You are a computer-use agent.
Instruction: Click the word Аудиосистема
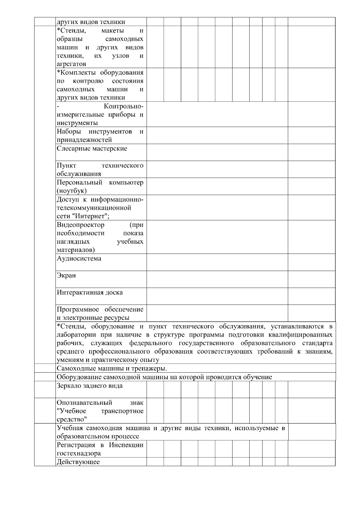pos(79,258)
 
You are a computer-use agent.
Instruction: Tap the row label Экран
pos(66,275)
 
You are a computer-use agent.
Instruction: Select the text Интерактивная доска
pos(90,292)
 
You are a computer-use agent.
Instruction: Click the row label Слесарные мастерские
pos(92,148)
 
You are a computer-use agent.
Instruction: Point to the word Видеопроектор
pos(80,225)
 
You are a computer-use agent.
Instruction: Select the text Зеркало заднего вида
pos(90,385)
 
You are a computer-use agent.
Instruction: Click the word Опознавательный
pos(84,403)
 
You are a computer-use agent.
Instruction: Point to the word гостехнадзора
pos(79,453)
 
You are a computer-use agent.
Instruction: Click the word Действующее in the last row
pos(78,462)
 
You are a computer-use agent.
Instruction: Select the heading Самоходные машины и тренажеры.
pos(112,368)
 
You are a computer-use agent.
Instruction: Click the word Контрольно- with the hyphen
pos(124,106)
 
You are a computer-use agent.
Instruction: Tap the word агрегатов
pos(71,64)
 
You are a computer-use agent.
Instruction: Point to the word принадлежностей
pos(84,140)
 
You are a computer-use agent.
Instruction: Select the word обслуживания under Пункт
pos(79,174)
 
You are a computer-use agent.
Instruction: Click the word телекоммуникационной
pos(94,208)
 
